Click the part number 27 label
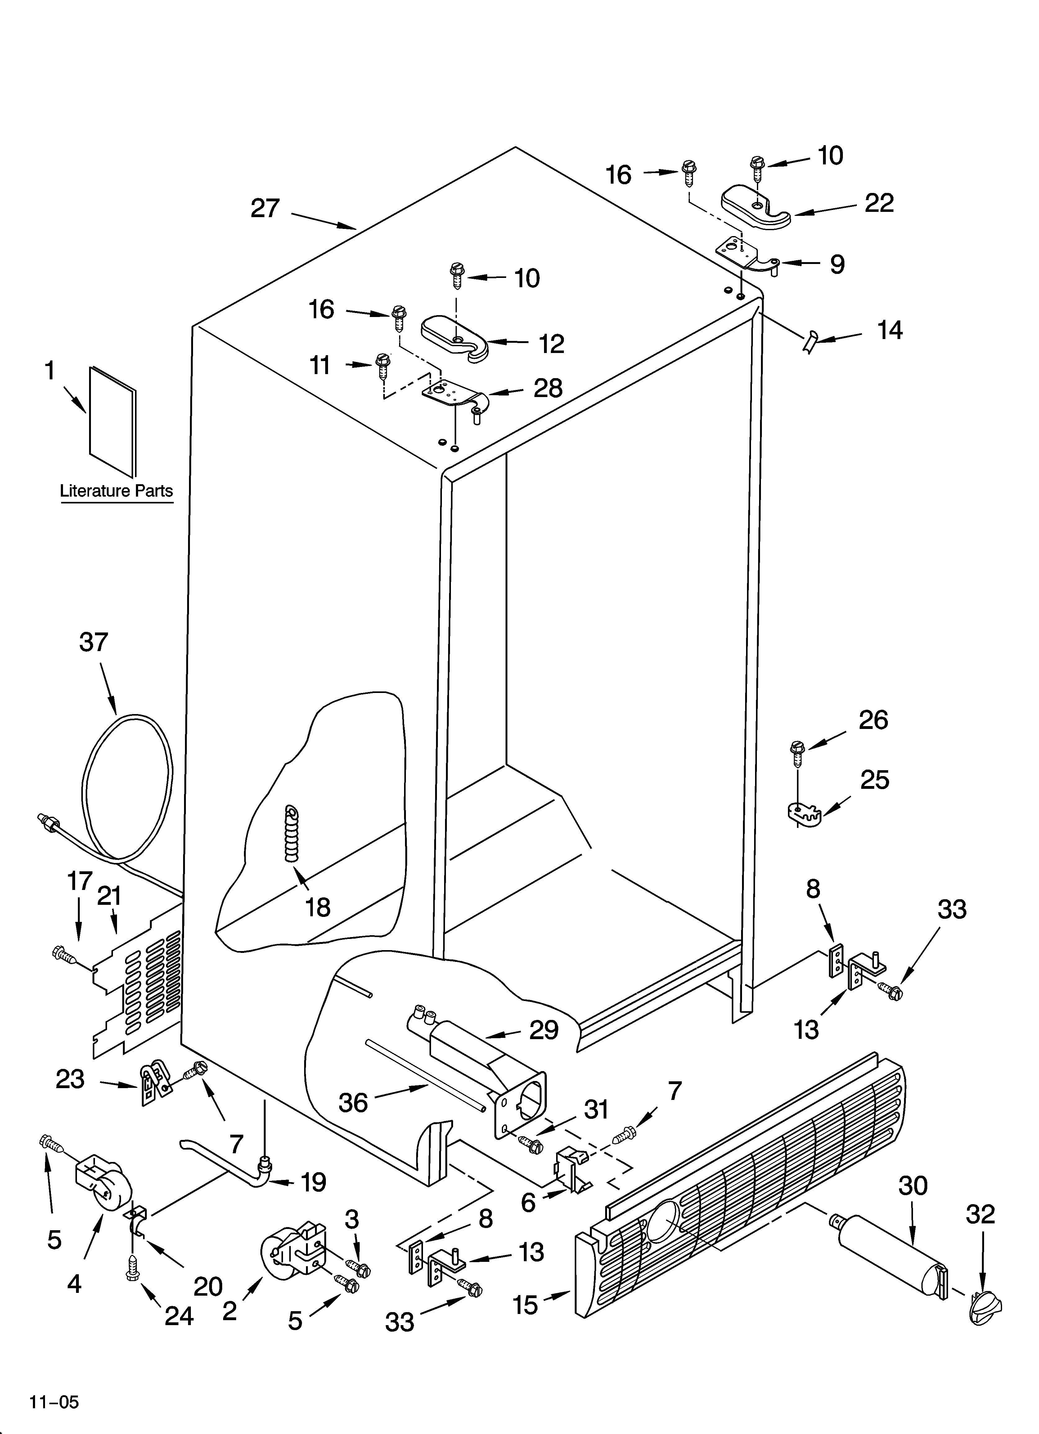(265, 208)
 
